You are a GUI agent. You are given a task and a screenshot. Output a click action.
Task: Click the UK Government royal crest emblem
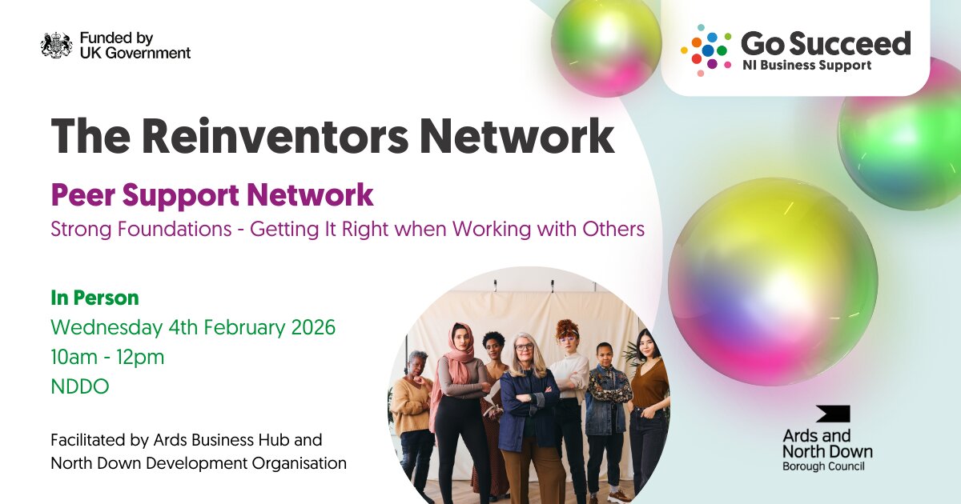pos(56,45)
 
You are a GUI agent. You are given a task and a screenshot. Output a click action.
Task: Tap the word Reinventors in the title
pos(275,136)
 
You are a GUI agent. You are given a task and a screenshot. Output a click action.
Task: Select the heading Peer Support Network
pos(212,195)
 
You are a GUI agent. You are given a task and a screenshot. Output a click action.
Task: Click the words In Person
pos(94,298)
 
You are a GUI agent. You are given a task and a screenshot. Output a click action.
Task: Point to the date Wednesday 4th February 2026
pos(193,327)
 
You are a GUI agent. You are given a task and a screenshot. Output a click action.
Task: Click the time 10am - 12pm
pos(107,357)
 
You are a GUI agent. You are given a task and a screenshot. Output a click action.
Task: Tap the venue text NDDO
pos(80,386)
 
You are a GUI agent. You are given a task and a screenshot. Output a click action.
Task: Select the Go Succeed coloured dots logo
pos(706,50)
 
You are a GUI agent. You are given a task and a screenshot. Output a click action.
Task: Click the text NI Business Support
pos(807,65)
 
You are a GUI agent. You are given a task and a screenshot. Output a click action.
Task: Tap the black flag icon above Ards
pos(833,414)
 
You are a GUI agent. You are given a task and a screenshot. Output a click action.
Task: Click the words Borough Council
pos(823,466)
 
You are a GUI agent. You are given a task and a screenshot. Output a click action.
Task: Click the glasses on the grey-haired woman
pos(525,346)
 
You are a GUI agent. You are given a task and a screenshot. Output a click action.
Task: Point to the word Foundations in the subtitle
pos(175,229)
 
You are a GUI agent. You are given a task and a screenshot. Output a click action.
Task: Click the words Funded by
pos(117,38)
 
